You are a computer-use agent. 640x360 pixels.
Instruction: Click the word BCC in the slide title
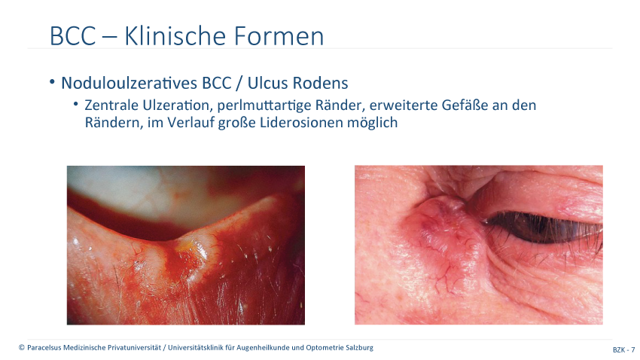coord(72,36)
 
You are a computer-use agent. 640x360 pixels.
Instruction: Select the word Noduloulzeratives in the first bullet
coord(130,83)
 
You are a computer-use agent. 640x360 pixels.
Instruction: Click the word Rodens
coord(320,83)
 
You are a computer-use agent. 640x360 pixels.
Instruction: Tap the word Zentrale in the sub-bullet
coord(111,105)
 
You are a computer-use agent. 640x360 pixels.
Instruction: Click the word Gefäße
coord(464,105)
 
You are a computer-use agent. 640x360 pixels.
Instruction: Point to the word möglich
coord(372,123)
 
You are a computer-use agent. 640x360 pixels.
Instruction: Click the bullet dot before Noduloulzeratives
coord(52,82)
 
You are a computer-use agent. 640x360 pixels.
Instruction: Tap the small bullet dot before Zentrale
coord(76,105)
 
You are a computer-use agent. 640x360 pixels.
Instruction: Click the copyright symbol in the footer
coord(22,348)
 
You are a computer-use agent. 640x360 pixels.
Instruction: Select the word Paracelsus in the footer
coord(44,348)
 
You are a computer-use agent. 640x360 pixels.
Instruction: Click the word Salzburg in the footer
coord(359,348)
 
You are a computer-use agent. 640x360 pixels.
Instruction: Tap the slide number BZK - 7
coord(623,349)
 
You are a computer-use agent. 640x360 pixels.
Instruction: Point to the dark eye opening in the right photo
coord(543,227)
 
